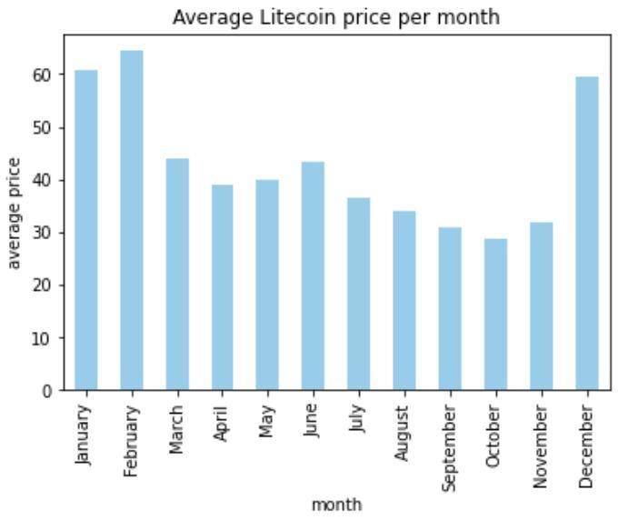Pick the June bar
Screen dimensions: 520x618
pos(314,276)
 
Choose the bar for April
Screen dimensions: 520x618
pos(223,287)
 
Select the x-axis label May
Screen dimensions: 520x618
pos(268,422)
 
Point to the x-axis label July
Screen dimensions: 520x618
pos(359,421)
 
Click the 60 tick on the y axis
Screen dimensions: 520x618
pos(45,75)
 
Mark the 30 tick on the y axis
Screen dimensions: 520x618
pos(45,233)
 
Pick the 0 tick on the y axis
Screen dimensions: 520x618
pos(50,391)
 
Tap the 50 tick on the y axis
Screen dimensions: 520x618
pos(45,127)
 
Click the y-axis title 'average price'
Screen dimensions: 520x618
pos(15,214)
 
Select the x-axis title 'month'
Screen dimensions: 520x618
pos(336,504)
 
